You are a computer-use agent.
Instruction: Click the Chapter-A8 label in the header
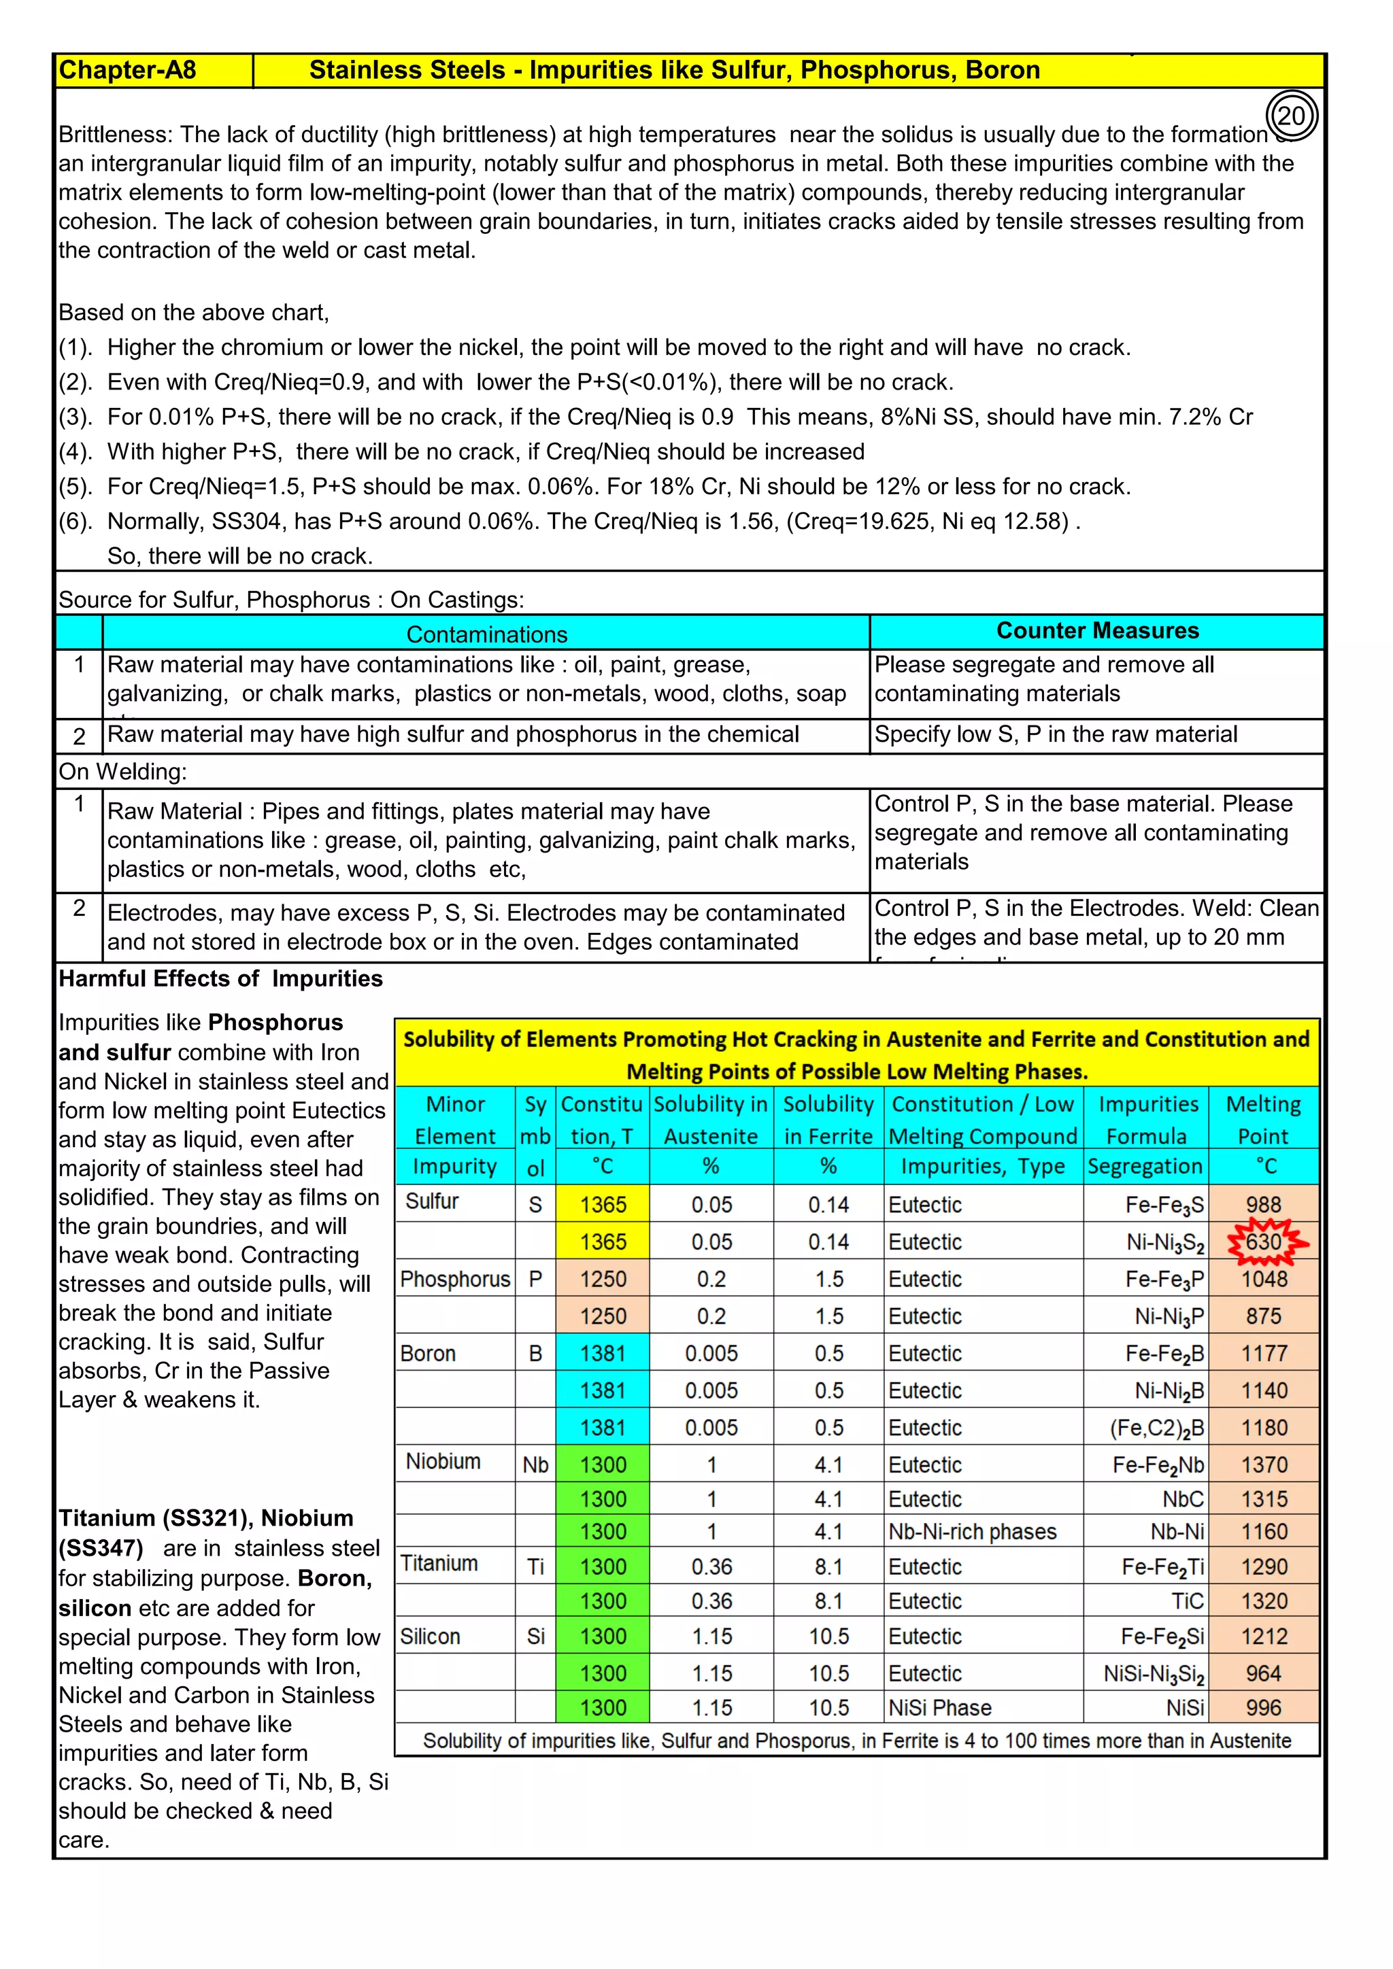click(128, 70)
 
